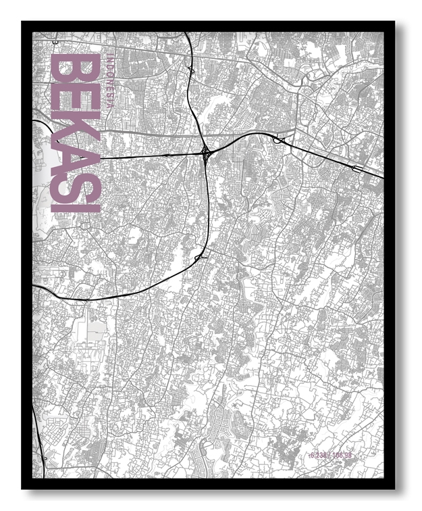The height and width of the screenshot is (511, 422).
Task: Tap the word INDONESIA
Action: pos(109,87)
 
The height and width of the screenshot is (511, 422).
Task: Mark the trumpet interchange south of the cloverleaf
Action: pos(200,258)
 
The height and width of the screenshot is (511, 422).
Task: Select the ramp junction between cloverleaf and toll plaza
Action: pos(278,139)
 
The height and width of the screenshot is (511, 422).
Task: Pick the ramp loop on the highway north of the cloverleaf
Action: pos(192,70)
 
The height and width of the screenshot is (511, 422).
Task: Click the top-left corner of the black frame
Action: pos(22,22)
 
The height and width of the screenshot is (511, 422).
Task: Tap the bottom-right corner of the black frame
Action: pos(394,488)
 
